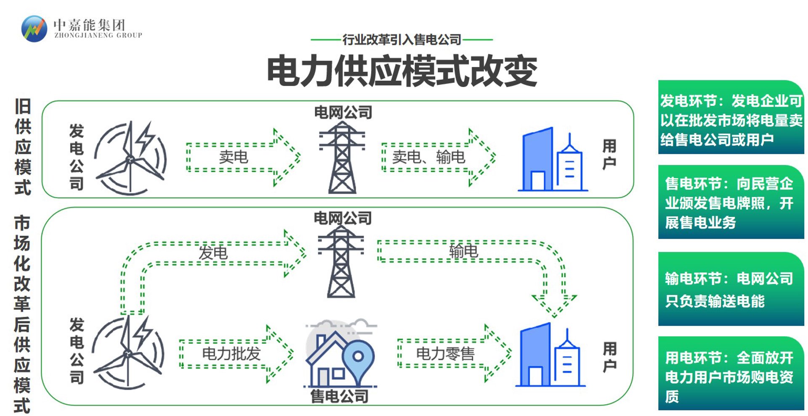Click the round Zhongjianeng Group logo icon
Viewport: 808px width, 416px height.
click(34, 29)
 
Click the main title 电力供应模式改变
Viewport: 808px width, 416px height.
click(402, 71)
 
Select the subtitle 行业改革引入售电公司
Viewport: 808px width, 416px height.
click(402, 40)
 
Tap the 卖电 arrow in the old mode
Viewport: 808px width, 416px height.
click(243, 157)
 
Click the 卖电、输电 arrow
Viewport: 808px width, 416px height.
click(439, 157)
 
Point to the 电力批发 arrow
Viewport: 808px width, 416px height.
click(237, 353)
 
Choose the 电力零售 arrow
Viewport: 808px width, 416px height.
click(454, 353)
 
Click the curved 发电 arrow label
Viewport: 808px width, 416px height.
click(213, 253)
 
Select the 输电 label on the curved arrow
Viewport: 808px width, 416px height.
click(463, 251)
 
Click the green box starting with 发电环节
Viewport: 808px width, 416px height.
click(731, 117)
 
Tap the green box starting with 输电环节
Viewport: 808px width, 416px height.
click(731, 289)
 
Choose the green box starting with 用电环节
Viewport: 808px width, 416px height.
click(731, 373)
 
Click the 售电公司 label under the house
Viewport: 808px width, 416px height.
click(339, 396)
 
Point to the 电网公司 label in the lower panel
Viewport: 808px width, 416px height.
click(343, 218)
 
